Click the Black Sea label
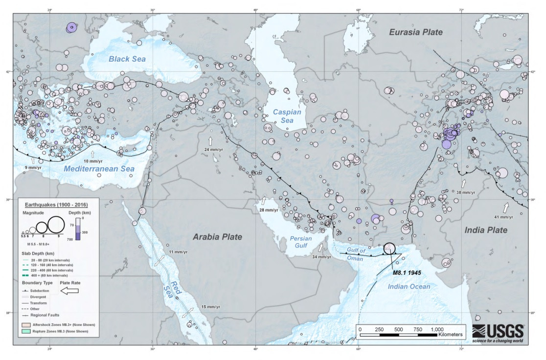[120, 59]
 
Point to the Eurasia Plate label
[415, 32]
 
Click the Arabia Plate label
[217, 237]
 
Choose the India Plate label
[485, 230]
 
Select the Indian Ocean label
[409, 287]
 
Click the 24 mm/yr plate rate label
[214, 149]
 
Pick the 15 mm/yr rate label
[211, 307]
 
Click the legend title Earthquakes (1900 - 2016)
[55, 204]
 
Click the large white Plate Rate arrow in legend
[70, 291]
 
